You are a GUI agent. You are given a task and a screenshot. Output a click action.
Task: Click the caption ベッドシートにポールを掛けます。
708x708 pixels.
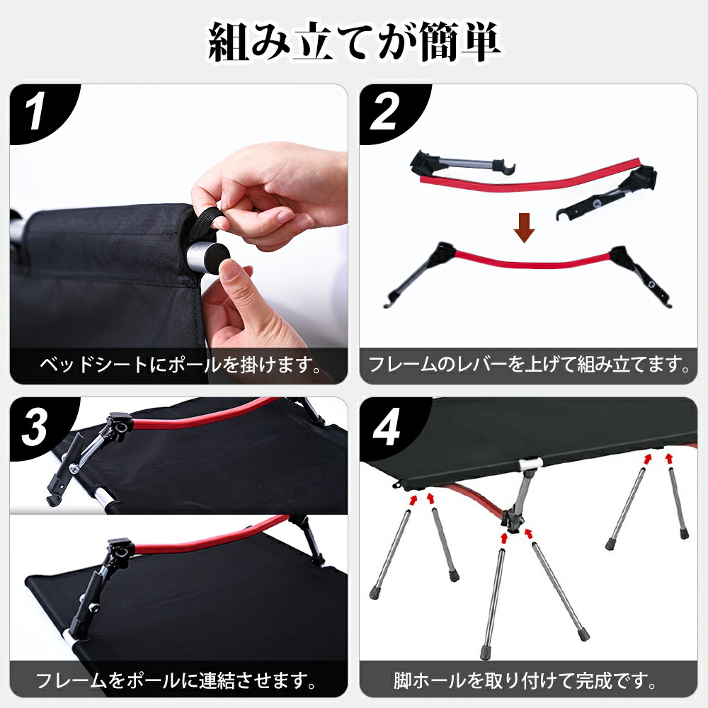(x=179, y=366)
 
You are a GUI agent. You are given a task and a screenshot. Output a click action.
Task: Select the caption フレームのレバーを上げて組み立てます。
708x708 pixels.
(x=529, y=366)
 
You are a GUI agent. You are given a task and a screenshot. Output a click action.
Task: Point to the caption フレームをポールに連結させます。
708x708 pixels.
(x=176, y=680)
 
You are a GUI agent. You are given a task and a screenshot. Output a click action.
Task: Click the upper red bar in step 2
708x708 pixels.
(x=531, y=176)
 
